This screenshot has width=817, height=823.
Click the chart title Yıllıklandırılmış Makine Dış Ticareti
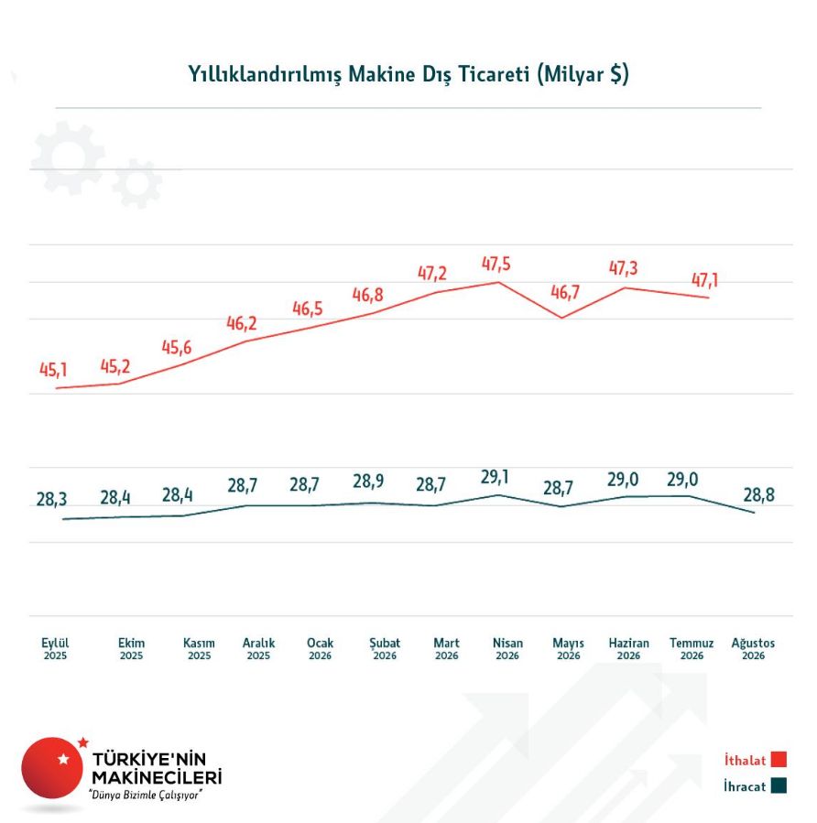click(359, 74)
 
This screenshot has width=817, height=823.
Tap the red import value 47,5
click(496, 264)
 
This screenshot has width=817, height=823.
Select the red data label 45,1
click(53, 370)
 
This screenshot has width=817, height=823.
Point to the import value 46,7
click(565, 292)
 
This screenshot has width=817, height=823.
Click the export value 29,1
click(495, 477)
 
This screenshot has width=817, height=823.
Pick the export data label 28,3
click(51, 499)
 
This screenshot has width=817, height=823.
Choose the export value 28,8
click(758, 494)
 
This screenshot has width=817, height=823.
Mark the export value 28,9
click(368, 481)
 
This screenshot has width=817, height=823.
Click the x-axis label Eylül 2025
click(55, 649)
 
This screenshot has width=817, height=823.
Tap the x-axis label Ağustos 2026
click(753, 649)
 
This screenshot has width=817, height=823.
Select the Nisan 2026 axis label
click(507, 649)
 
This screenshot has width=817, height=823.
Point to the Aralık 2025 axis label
click(258, 649)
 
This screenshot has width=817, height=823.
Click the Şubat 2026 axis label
click(385, 649)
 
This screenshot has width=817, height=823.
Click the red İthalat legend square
click(779, 760)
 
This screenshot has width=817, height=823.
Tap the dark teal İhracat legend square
click(779, 785)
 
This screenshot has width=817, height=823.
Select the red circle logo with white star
click(52, 768)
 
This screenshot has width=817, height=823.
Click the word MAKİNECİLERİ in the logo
click(157, 777)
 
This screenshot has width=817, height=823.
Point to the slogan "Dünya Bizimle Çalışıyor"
click(145, 795)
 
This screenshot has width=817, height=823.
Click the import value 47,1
click(704, 280)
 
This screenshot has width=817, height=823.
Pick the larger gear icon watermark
click(67, 157)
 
